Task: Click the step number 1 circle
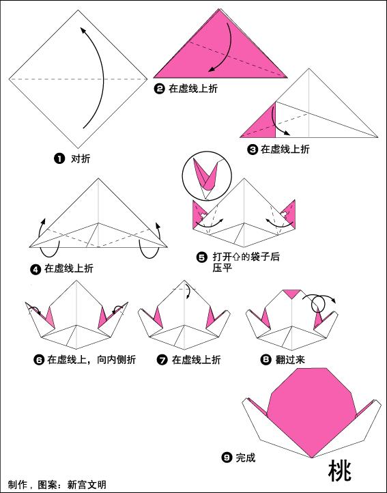coord(59,158)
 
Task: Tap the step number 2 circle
coord(160,88)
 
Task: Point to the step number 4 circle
coord(35,269)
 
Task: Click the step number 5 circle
coord(201,257)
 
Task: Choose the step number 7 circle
coord(162,359)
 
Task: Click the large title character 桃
coord(340,471)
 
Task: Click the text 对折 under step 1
coord(81,158)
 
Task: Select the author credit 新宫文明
coord(87,485)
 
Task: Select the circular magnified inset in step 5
coord(203,173)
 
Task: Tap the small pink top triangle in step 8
coord(292,293)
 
